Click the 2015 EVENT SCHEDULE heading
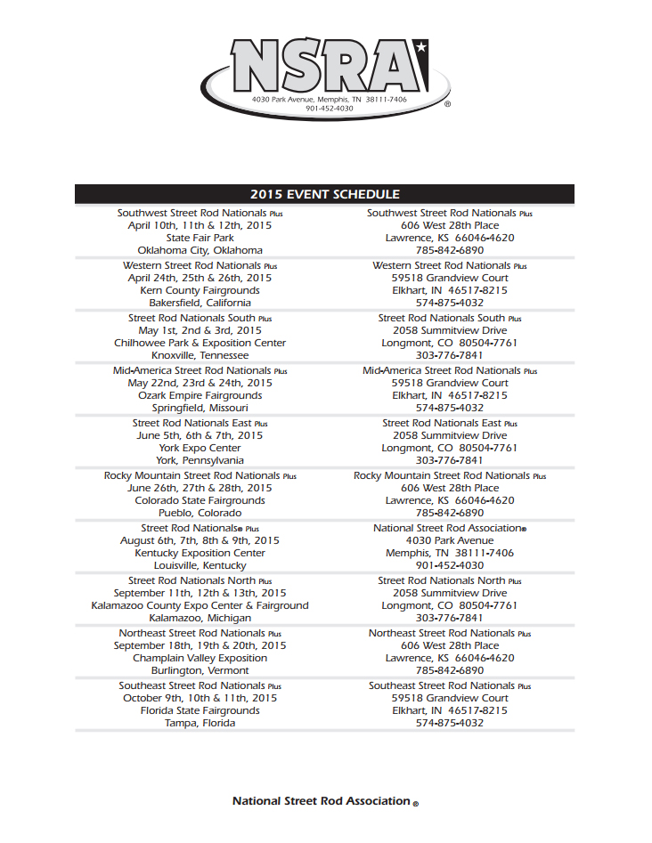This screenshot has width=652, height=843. click(x=324, y=194)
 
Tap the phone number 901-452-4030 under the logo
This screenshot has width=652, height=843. click(x=329, y=109)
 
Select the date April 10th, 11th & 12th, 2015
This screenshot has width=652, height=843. click(x=200, y=225)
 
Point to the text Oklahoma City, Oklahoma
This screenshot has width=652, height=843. click(x=200, y=250)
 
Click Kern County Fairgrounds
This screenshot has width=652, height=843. click(x=200, y=290)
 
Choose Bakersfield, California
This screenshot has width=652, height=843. click(x=200, y=303)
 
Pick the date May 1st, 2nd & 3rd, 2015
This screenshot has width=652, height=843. click(x=200, y=330)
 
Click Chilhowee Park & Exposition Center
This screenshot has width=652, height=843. click(x=200, y=343)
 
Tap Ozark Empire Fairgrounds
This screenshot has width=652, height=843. click(x=200, y=395)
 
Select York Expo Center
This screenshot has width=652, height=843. click(x=200, y=448)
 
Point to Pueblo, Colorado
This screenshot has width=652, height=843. click(x=200, y=513)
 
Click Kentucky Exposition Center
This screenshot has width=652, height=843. click(x=200, y=553)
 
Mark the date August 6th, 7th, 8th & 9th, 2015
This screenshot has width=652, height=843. click(x=200, y=540)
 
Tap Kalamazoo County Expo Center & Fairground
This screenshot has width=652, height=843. click(x=200, y=605)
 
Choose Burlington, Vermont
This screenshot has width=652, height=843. click(x=200, y=670)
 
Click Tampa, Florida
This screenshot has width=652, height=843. click(x=200, y=723)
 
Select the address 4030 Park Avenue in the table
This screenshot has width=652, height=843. click(x=449, y=540)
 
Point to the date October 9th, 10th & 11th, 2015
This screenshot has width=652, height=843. click(x=200, y=698)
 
